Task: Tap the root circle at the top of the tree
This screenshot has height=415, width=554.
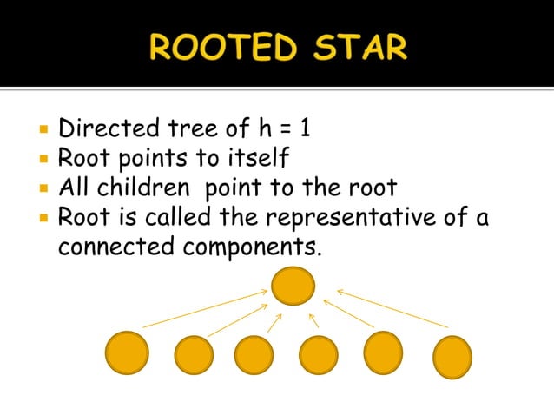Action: click(x=293, y=286)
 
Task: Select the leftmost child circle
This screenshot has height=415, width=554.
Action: click(x=127, y=354)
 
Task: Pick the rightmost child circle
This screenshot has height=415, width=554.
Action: click(x=452, y=358)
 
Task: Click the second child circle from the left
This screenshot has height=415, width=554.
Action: click(x=194, y=355)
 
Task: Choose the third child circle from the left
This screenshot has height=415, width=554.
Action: click(x=254, y=355)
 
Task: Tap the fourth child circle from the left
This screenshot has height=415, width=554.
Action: click(x=319, y=355)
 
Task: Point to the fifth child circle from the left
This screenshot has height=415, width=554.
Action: click(x=383, y=352)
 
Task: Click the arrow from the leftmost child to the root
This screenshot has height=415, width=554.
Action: click(x=205, y=309)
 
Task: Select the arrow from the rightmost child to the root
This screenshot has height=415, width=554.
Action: click(x=392, y=308)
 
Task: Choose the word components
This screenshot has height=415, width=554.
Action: click(x=252, y=247)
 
